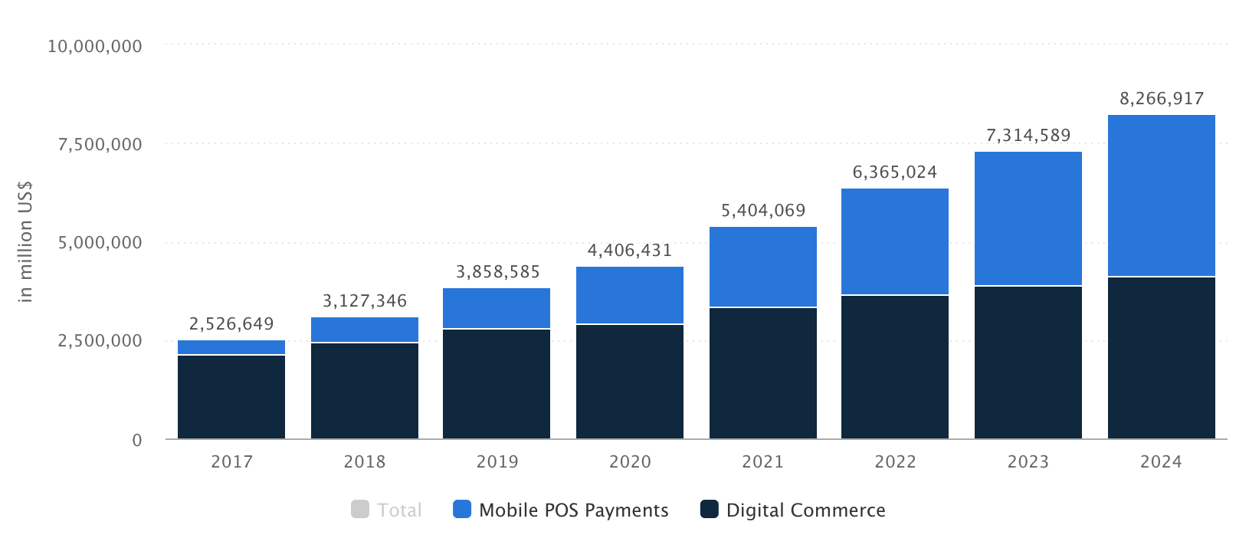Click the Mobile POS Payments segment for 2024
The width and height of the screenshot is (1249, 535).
coord(1161,195)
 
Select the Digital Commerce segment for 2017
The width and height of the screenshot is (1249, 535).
coord(231,397)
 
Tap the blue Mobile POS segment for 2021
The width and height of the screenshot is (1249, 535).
coord(762,267)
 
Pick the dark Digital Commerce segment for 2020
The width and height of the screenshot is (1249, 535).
coord(630,382)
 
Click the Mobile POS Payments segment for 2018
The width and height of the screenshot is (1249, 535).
coord(365,330)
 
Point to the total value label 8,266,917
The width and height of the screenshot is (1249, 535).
coord(1162,99)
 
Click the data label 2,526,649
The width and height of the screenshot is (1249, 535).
coord(231,324)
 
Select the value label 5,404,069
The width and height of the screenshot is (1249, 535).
coord(762,211)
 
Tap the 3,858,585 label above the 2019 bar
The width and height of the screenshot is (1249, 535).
coord(497,272)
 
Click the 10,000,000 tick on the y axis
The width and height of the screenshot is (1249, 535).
coord(94,47)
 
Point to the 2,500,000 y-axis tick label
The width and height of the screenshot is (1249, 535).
coord(100,341)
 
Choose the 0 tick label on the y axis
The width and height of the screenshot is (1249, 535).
coord(137,440)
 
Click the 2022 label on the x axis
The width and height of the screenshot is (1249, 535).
coord(895,462)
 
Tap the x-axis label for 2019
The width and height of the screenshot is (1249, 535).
coord(497,462)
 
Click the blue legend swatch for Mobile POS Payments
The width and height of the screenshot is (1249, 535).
coord(462,510)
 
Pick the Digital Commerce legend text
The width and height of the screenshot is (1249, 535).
coord(805,510)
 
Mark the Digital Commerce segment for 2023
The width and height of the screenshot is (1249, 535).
coord(1028,363)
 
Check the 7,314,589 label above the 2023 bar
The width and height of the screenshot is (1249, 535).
coord(1028,136)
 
